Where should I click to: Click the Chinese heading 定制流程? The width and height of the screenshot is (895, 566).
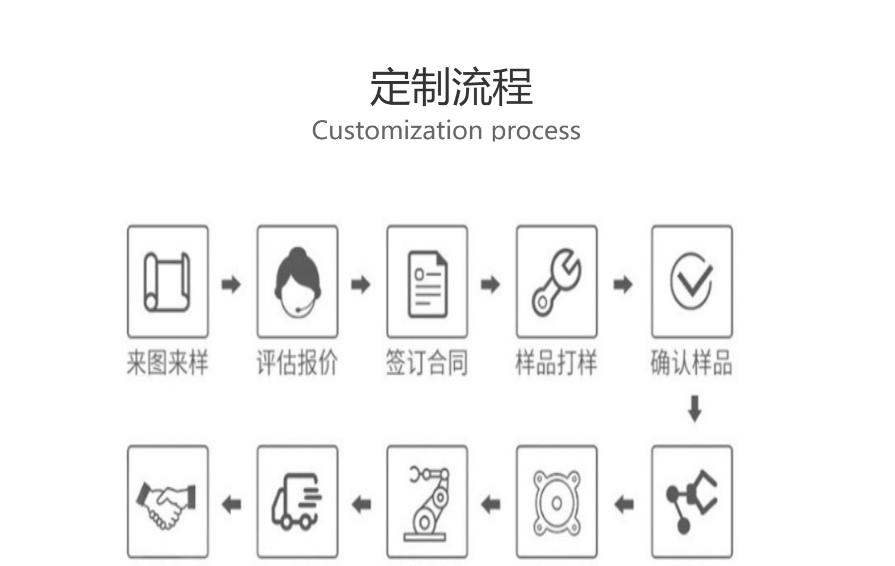(451, 87)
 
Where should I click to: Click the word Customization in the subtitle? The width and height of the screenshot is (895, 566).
(397, 131)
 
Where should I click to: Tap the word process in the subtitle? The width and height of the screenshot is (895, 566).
(536, 132)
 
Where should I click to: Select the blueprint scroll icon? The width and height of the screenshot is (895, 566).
(167, 282)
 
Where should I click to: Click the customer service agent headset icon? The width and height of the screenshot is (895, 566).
(297, 282)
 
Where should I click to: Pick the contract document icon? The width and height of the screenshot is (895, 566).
(428, 284)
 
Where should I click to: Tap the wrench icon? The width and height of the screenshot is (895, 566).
(557, 282)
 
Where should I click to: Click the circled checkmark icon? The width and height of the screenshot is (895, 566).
(692, 281)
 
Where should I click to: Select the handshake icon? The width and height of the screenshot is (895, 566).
(166, 505)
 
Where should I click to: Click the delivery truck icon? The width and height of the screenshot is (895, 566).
(297, 501)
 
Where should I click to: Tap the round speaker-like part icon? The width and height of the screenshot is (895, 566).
(557, 503)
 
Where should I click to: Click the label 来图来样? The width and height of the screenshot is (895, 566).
(168, 363)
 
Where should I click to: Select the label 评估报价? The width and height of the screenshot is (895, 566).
(297, 363)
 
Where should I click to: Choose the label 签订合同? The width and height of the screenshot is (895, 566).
(427, 363)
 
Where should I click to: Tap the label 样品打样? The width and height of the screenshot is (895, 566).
(557, 363)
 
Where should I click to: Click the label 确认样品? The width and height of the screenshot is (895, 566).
(692, 363)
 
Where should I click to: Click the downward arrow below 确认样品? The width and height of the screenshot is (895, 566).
(695, 409)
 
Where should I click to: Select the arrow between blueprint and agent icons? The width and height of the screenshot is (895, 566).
(231, 285)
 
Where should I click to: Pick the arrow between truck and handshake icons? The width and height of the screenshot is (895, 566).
(231, 504)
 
